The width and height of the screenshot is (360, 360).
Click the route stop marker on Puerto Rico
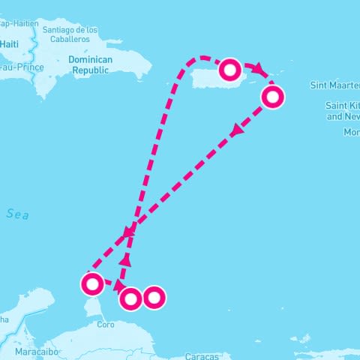point(230,70)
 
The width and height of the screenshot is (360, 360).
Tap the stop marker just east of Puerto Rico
point(273,97)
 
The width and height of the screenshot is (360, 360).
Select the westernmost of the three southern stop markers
point(92,283)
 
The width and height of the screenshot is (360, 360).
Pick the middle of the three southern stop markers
point(130,299)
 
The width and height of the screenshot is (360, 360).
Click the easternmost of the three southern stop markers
point(154,298)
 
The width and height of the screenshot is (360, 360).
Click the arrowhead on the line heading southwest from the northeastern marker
point(237,130)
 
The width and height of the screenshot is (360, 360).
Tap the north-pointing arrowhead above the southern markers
point(126,260)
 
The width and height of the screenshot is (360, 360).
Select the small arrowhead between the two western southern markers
point(119,285)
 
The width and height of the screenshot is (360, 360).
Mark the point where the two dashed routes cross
point(130,230)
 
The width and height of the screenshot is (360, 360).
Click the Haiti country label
point(10,43)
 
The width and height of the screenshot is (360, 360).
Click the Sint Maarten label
point(334,85)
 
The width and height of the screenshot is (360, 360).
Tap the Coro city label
point(106,325)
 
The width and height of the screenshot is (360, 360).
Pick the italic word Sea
point(18,214)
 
